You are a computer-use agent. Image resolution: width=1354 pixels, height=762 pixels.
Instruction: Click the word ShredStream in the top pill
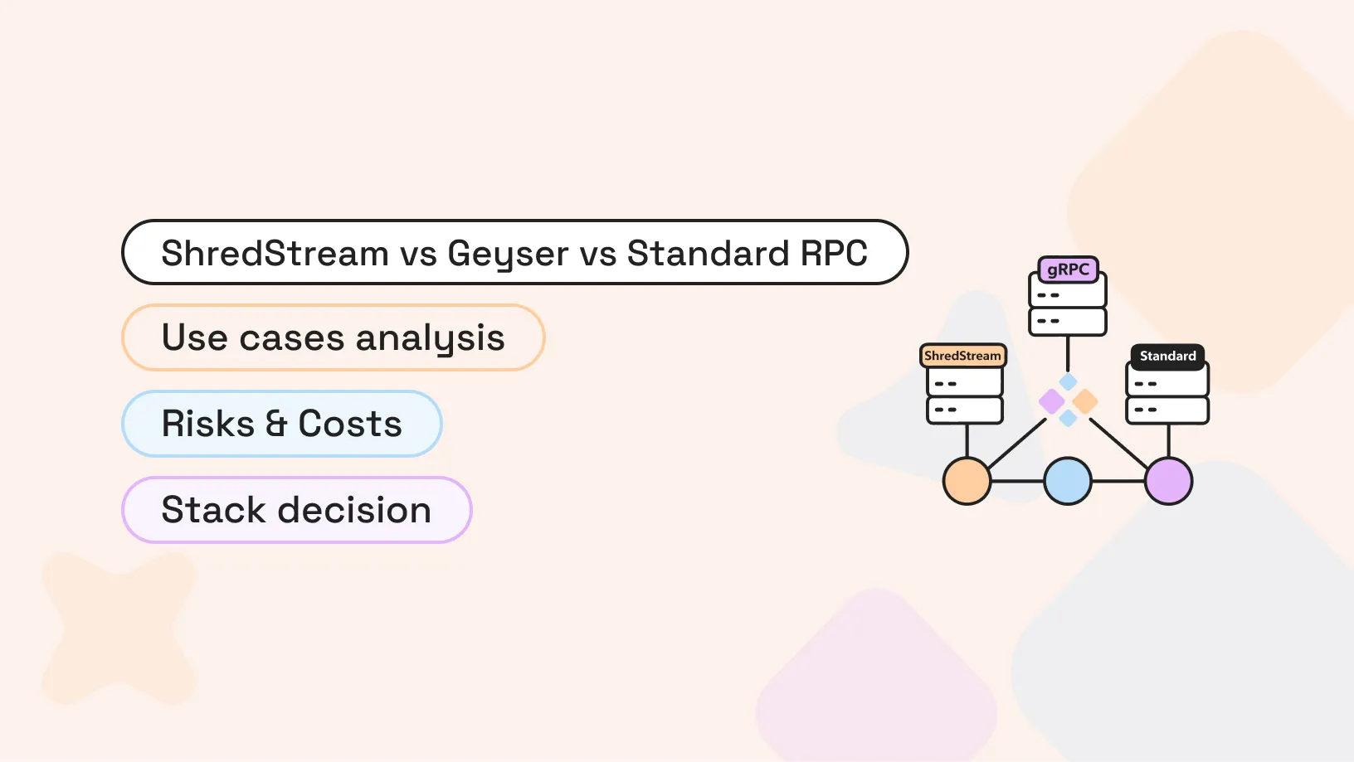click(x=275, y=253)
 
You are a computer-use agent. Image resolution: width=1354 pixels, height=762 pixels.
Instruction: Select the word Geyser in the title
click(x=508, y=254)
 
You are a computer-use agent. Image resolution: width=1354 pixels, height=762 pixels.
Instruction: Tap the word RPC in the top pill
click(x=834, y=253)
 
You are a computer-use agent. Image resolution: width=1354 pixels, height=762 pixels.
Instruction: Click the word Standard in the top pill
click(x=708, y=253)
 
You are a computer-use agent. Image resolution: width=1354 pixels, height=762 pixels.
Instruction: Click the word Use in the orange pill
click(x=194, y=337)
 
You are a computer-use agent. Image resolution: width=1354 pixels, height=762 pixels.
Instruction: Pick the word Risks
click(x=207, y=424)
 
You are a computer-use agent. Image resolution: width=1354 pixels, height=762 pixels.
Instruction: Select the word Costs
click(x=350, y=424)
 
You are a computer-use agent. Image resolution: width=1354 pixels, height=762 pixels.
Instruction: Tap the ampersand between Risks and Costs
click(x=276, y=424)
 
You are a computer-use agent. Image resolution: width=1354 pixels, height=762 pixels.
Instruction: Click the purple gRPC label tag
click(x=1068, y=269)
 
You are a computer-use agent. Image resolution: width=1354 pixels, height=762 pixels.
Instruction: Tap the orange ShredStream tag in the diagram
click(x=962, y=356)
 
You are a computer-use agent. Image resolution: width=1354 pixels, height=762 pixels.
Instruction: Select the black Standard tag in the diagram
click(x=1167, y=356)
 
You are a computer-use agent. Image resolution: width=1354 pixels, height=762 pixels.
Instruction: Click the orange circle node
click(x=967, y=481)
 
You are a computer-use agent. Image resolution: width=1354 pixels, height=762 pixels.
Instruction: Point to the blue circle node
click(x=1068, y=481)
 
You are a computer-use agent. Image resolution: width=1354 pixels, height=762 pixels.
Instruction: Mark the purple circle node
click(x=1168, y=481)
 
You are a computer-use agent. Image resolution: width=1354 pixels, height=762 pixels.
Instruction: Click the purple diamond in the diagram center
click(x=1052, y=401)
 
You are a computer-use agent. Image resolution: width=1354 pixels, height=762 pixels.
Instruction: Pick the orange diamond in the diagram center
click(x=1085, y=401)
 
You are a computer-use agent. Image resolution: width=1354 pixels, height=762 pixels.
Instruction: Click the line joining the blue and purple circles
click(x=1118, y=481)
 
